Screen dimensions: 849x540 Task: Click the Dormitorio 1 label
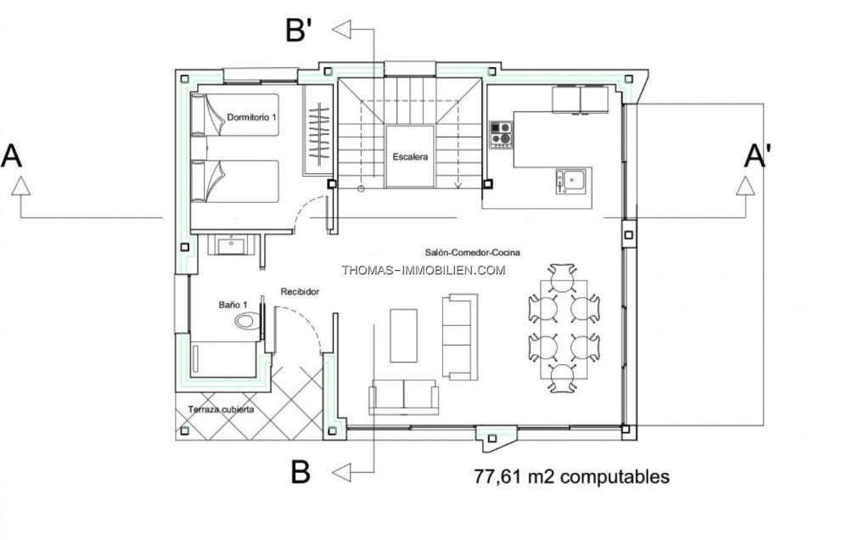252,117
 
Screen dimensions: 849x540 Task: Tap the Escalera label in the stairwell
410,157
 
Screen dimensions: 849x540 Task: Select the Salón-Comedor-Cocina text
472,252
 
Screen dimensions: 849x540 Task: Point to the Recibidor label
300,291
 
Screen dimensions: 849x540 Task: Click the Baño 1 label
233,305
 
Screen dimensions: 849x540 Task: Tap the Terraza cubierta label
221,409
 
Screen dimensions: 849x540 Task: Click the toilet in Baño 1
247,321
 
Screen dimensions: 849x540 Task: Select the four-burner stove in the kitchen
501,134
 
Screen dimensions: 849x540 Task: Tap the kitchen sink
571,182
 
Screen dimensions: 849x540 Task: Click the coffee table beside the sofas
404,335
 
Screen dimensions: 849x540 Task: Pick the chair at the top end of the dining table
561,278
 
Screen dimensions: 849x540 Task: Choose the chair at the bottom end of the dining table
562,379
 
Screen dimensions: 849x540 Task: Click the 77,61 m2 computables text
571,476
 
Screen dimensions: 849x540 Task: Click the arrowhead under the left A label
20,186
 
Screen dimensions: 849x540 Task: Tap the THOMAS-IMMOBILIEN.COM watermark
424,270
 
